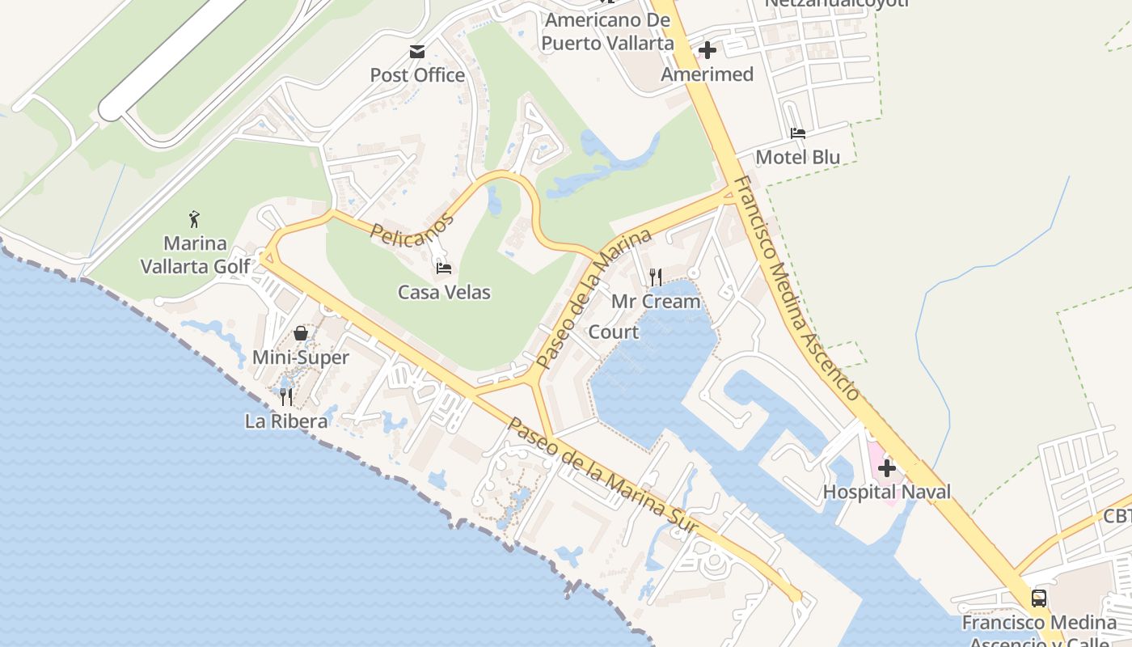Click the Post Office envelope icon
[x=417, y=52]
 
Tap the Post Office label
[x=417, y=75]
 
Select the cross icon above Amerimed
[x=707, y=51]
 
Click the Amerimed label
[x=707, y=74]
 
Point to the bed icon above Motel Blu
[x=798, y=133]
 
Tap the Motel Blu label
[x=798, y=157]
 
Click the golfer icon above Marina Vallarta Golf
[x=194, y=219]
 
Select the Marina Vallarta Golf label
[x=195, y=255]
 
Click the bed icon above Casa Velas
[x=443, y=268]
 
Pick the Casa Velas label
[x=444, y=292]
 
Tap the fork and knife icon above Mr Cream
[x=656, y=277]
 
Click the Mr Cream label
[x=656, y=302]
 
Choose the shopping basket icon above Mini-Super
[x=301, y=333]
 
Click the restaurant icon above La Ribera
[x=286, y=397]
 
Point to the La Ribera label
[x=286, y=421]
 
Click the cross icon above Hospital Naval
[x=887, y=467]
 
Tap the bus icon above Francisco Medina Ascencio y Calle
[x=1039, y=598]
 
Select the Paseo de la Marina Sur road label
[x=602, y=477]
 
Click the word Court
[x=613, y=332]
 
